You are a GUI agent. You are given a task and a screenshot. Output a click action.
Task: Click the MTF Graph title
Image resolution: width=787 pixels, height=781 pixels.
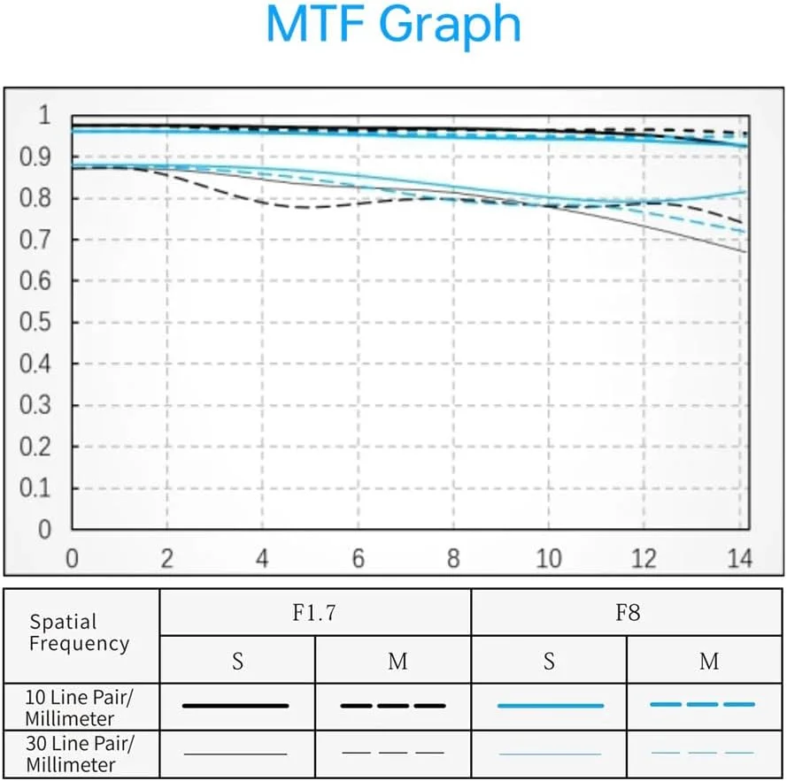pos(393,27)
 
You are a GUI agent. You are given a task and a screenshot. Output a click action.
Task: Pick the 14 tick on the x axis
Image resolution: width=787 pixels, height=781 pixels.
pos(740,559)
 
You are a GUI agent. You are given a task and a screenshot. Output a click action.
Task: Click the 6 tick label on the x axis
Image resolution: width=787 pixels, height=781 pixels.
pos(358,559)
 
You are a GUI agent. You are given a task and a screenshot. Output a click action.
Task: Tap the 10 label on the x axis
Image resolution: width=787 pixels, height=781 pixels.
pos(549,559)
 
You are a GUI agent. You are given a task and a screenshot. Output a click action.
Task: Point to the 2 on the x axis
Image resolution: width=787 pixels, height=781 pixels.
pos(167,559)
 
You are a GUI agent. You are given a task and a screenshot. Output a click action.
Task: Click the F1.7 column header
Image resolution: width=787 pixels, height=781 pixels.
pos(315,612)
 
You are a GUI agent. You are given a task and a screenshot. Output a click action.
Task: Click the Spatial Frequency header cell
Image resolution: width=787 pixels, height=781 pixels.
pos(79,632)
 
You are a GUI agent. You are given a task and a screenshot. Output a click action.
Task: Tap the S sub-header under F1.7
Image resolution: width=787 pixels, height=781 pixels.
pos(237,661)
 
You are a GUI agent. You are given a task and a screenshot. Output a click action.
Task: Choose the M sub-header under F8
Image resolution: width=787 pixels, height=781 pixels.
pos(708,661)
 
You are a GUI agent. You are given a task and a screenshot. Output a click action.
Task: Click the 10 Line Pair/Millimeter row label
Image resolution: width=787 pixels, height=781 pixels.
pos(80,706)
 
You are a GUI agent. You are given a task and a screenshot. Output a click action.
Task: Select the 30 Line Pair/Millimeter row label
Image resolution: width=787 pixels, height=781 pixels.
pos(80,752)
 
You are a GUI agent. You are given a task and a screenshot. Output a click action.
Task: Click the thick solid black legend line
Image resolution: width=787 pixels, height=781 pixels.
pos(236,706)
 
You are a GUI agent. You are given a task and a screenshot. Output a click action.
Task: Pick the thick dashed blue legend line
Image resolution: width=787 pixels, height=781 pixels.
pos(703,705)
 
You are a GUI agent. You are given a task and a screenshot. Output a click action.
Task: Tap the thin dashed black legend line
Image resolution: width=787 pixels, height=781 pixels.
pos(392,753)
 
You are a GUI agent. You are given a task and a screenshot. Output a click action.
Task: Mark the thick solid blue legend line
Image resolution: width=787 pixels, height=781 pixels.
pos(550,706)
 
